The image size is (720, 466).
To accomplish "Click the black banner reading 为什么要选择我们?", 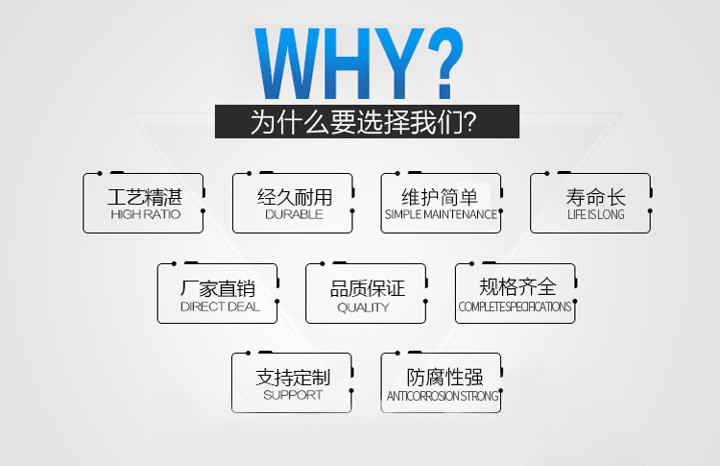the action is (366, 123).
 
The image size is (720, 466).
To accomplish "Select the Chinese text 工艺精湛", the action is (144, 197).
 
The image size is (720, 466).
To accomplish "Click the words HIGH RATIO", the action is (144, 214).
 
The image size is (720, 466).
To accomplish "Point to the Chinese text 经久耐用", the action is (294, 197).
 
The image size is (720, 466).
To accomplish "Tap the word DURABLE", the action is (294, 214).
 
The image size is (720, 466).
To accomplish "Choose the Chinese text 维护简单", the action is (441, 197).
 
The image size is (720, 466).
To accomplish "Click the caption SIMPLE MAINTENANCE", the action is (441, 214).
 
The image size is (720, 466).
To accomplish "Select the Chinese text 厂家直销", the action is (219, 288).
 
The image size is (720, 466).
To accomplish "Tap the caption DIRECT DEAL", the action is (219, 307).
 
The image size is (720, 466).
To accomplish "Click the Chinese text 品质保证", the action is (366, 288).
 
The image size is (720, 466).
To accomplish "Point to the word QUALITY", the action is (364, 307).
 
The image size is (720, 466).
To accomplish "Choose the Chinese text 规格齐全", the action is (516, 287).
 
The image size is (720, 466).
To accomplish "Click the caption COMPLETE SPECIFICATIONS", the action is (515, 307).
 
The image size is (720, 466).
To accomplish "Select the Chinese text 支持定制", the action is (293, 378).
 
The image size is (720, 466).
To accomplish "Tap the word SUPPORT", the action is (293, 395).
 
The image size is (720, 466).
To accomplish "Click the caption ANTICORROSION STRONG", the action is (442, 396).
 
